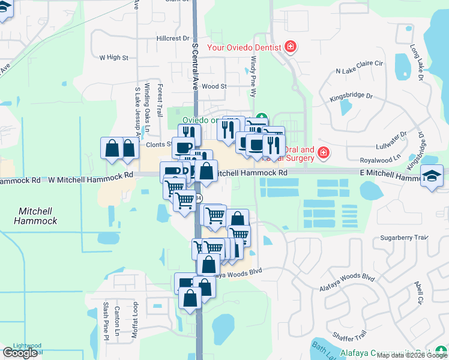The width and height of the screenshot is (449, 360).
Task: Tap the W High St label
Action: pyautogui.click(x=114, y=58)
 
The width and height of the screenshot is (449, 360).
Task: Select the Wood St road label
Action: pyautogui.click(x=214, y=86)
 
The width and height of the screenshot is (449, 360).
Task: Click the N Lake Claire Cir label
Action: pyautogui.click(x=359, y=71)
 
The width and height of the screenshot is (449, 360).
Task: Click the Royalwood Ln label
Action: pyautogui.click(x=379, y=160)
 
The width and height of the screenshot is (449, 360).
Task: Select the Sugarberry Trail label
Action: pyautogui.click(x=406, y=238)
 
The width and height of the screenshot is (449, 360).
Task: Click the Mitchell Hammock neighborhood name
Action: pyautogui.click(x=37, y=216)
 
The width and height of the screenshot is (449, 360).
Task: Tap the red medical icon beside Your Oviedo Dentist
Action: pyautogui.click(x=291, y=47)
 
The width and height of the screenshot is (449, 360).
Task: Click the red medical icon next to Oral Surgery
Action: pyautogui.click(x=323, y=154)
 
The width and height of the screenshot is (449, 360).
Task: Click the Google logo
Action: pyautogui.click(x=20, y=353)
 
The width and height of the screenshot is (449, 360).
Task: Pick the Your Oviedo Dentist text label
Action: pyautogui.click(x=244, y=47)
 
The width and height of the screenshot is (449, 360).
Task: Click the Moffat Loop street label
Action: pyautogui.click(x=136, y=324)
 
